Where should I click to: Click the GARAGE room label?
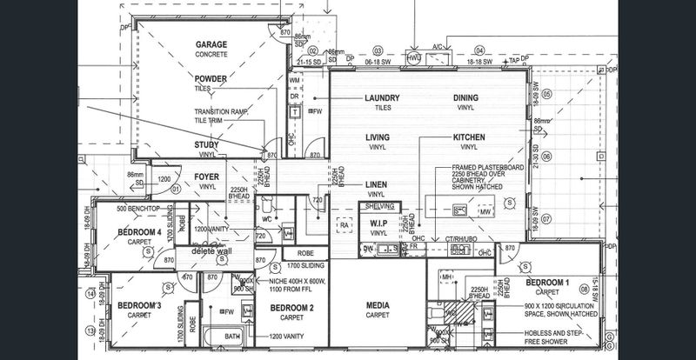point(211,43)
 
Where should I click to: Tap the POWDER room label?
point(211,78)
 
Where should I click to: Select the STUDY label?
point(207,144)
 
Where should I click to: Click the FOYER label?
point(207,177)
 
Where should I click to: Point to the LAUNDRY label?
point(382,98)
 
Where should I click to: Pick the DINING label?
point(465,98)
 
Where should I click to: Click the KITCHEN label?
point(469,137)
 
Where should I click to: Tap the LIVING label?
point(376,137)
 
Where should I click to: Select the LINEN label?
point(376,184)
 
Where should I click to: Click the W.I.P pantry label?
point(378,223)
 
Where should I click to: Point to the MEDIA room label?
point(377,306)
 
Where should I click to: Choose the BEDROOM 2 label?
point(291,309)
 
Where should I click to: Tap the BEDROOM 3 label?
point(140,306)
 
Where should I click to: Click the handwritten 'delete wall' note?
point(211,251)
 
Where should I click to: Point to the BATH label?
point(232,336)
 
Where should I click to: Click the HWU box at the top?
point(414,58)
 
